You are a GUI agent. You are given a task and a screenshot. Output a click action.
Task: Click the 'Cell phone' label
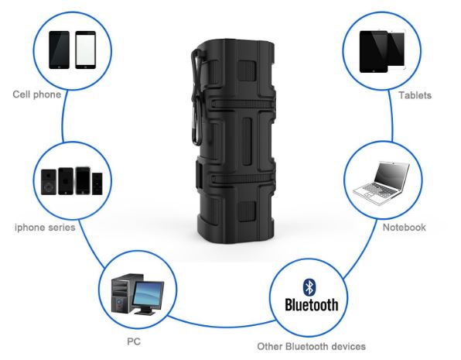point(37,94)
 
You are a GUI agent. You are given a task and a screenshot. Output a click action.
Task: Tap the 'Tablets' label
point(415,95)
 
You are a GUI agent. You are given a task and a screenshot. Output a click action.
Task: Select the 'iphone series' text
point(45,228)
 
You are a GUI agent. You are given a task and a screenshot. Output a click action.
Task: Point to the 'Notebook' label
point(404,228)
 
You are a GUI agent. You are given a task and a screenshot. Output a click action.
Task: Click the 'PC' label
point(134,341)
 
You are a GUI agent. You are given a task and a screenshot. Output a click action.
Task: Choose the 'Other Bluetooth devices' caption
point(312,347)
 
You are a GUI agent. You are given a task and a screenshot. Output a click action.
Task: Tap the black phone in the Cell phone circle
point(59,50)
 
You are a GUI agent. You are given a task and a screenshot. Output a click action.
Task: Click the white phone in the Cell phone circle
point(86,50)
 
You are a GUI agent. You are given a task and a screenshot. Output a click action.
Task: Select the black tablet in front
point(374,52)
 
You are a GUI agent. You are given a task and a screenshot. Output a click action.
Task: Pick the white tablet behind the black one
point(397,49)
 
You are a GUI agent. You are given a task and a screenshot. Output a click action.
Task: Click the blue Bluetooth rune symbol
point(309,287)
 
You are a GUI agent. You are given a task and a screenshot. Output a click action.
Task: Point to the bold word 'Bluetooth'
point(312,305)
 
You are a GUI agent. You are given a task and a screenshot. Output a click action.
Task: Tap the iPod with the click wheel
point(49,182)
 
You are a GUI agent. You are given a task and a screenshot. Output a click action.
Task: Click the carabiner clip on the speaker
point(197,97)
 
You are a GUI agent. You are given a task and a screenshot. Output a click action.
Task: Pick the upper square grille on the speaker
point(247,70)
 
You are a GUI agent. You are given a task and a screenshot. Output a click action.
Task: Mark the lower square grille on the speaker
point(247,211)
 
